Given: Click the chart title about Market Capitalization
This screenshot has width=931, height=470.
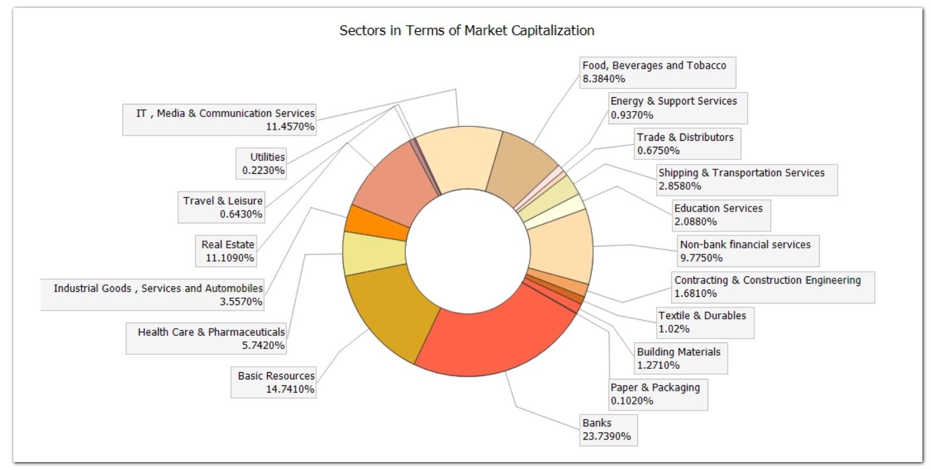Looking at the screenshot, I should pyautogui.click(x=466, y=30).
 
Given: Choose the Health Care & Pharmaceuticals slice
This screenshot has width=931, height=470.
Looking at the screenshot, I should pyautogui.click(x=374, y=253).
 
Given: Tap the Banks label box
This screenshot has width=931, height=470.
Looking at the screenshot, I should pyautogui.click(x=608, y=430).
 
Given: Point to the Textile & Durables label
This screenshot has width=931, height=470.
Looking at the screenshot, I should pyautogui.click(x=703, y=322).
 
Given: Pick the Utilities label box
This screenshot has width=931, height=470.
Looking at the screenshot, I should pyautogui.click(x=263, y=163).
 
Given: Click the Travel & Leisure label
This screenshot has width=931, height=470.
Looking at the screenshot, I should pyautogui.click(x=223, y=207).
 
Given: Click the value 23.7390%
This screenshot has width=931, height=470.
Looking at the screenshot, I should pyautogui.click(x=606, y=436).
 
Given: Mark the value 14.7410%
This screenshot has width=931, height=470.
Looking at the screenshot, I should pyautogui.click(x=290, y=389).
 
